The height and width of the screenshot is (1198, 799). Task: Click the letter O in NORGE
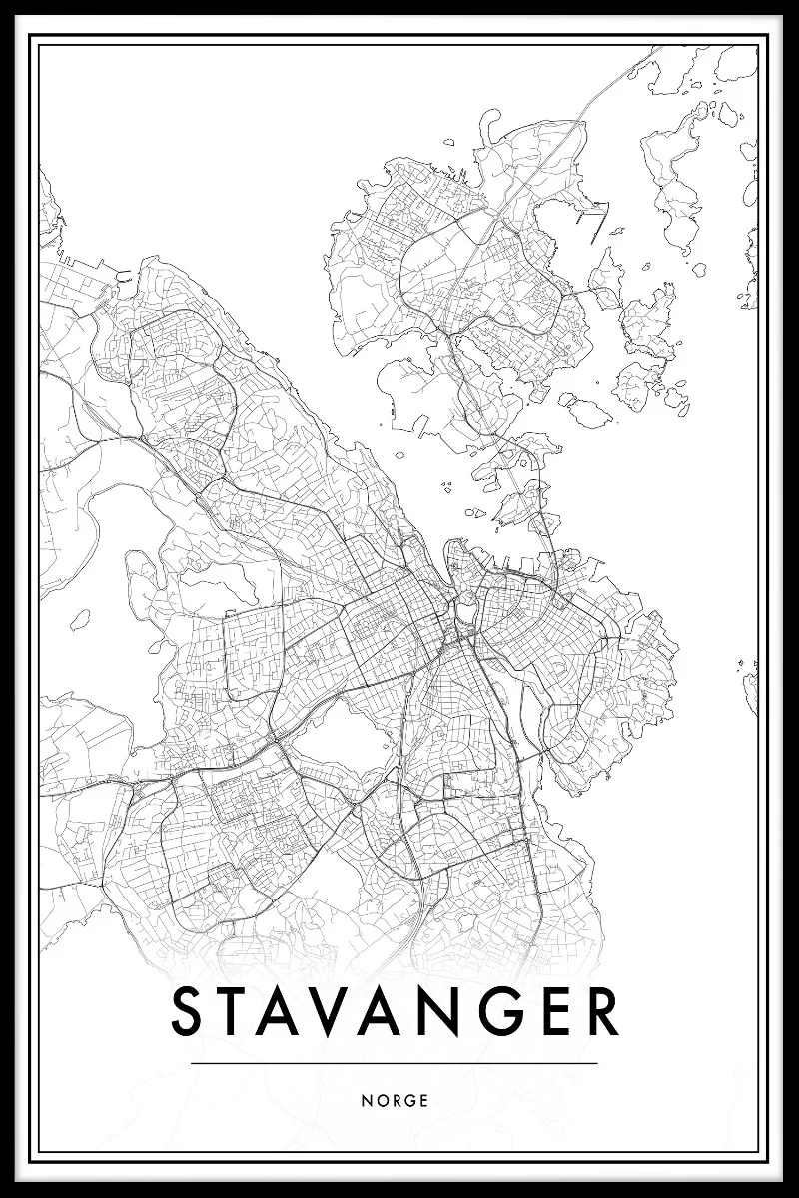(x=381, y=1101)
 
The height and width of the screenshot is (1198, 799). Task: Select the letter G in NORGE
(x=410, y=1101)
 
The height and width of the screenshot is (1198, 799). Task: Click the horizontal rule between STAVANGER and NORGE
(x=394, y=1063)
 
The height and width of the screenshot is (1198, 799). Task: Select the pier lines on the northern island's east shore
(x=591, y=215)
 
